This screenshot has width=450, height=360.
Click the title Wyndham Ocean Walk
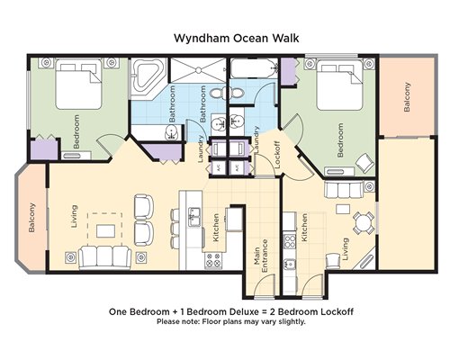237,39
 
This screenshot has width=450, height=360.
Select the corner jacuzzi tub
148,77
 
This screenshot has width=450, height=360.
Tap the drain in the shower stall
198,70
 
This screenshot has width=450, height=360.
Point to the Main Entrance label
261,256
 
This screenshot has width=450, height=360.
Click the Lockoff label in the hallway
277,155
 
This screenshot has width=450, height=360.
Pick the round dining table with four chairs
364,223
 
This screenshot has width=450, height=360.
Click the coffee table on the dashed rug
105,231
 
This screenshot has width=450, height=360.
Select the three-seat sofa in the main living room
104,256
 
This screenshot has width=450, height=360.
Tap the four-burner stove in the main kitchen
213,260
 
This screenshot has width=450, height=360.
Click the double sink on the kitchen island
194,217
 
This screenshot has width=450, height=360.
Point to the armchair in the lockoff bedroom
365,162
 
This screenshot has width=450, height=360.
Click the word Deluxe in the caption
244,311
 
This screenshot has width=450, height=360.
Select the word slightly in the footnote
293,321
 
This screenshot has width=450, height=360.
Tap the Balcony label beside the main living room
31,218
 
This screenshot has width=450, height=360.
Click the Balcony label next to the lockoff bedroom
407,97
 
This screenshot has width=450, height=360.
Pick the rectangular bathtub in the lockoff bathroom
255,68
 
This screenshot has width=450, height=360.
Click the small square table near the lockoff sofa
343,209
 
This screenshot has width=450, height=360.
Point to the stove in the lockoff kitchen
290,241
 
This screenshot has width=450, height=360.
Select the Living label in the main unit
74,216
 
